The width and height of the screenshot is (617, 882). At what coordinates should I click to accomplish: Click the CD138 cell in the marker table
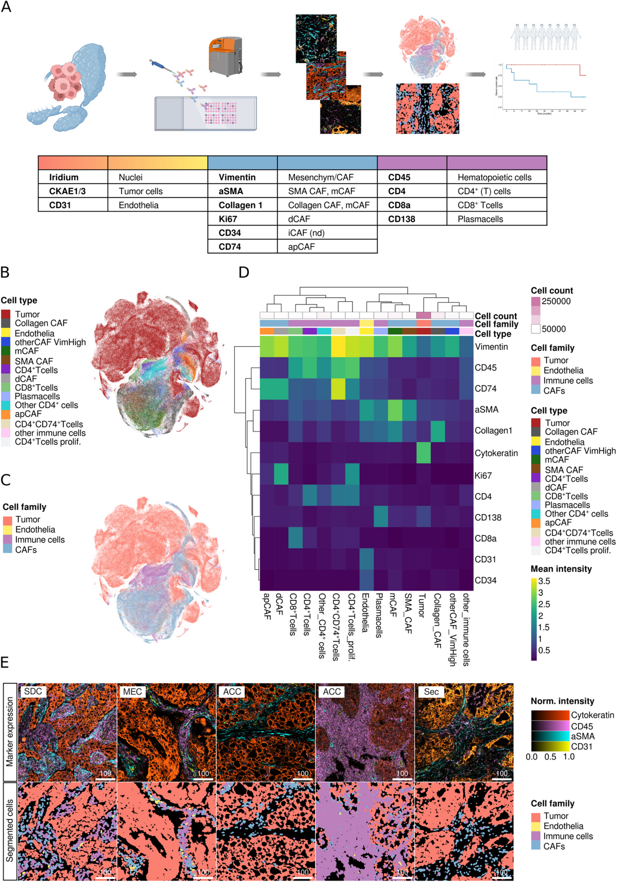(402, 219)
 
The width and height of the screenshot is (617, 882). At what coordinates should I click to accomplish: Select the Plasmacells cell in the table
(480, 219)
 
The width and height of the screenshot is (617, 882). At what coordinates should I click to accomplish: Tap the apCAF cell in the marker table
(301, 247)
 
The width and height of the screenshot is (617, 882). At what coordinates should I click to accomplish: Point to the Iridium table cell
(64, 177)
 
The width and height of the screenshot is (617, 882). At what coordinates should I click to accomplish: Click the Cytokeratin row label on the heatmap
(496, 453)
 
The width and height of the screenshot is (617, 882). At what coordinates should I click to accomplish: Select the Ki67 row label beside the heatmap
(483, 476)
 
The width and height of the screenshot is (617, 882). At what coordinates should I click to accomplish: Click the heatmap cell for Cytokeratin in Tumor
(423, 453)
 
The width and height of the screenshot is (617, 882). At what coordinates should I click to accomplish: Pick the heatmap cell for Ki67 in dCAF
(281, 476)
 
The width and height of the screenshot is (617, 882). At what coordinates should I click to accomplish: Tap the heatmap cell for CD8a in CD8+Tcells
(295, 538)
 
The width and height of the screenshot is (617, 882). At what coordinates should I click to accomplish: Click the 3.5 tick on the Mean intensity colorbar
(544, 581)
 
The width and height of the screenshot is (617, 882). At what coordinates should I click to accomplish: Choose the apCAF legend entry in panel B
(28, 414)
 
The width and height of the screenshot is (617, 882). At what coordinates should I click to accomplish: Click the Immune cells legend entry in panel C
(40, 540)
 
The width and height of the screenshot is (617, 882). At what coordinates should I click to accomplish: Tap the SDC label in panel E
(33, 692)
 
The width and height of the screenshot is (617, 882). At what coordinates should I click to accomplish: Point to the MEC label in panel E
(132, 692)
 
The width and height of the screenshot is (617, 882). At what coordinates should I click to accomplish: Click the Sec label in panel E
(431, 692)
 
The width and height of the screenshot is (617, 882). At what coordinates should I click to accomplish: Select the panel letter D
(244, 272)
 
